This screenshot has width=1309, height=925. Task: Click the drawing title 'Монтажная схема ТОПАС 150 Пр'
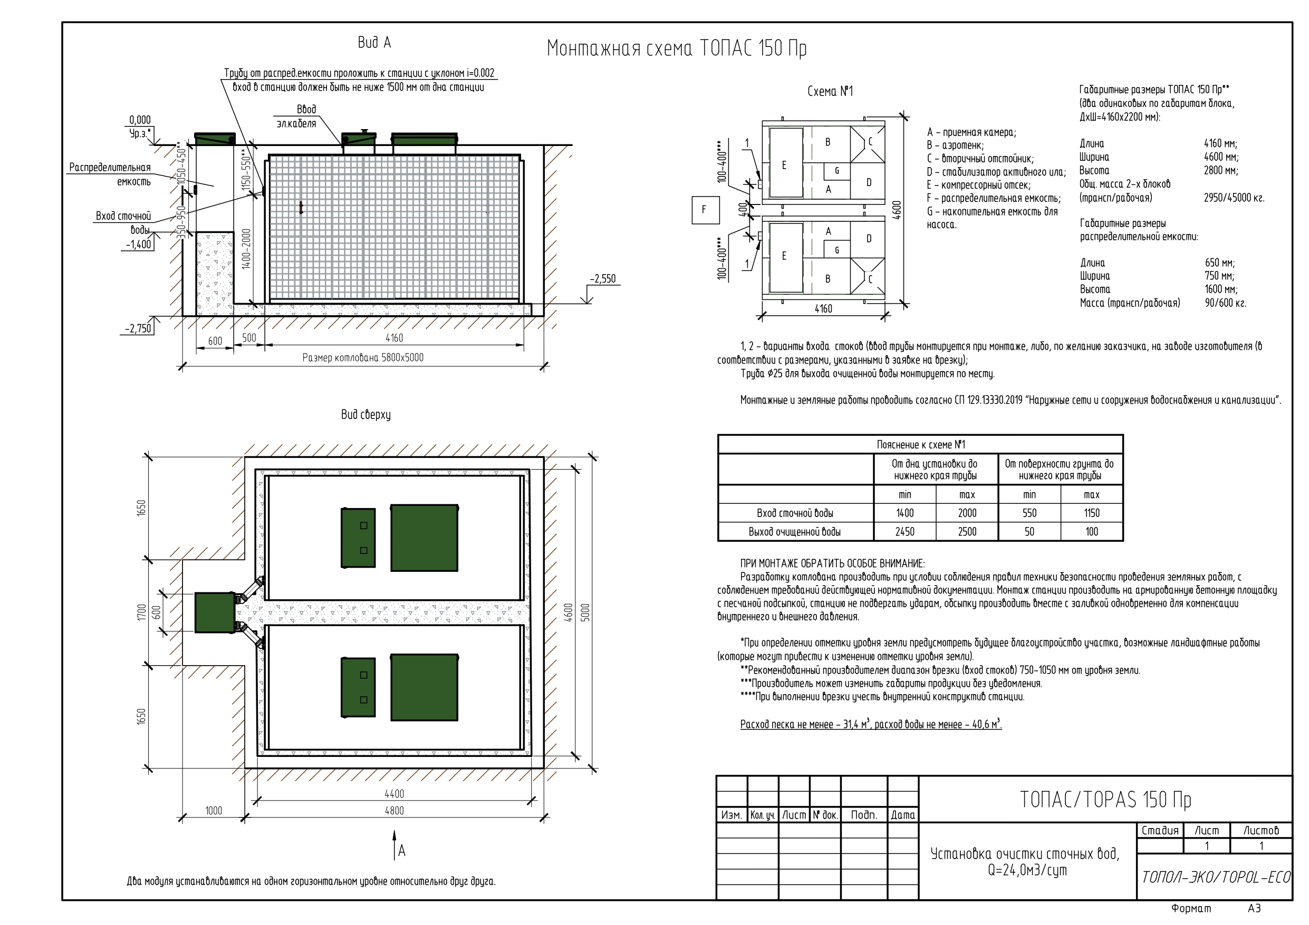coord(676,49)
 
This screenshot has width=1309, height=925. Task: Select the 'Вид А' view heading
coord(374,43)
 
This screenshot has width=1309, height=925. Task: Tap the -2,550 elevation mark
coord(603,279)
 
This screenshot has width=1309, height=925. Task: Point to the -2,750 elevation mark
coord(139,328)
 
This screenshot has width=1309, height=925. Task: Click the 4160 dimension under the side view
coord(394,338)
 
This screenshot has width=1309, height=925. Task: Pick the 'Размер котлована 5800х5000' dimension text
coord(363,358)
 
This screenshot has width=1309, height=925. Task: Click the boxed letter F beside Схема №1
coord(704,210)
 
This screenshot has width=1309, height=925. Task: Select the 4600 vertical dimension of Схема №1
coord(897,210)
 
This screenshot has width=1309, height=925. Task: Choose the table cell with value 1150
coord(1091,513)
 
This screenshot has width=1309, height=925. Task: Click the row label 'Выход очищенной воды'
coord(794,532)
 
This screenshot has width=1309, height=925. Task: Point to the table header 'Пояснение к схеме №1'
coord(920,444)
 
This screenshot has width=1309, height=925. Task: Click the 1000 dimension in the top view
coord(214,811)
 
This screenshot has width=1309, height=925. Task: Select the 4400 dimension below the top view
coord(394,794)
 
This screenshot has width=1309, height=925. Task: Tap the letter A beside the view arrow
coord(402,851)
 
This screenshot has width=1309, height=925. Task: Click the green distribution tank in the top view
coord(215,612)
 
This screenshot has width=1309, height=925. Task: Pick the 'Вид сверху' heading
coord(365,415)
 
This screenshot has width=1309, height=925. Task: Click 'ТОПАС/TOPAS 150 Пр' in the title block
coord(1105,800)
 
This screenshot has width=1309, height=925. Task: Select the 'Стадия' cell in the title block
coord(1160,830)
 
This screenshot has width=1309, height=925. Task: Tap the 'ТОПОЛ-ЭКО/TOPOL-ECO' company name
coord(1215,877)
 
